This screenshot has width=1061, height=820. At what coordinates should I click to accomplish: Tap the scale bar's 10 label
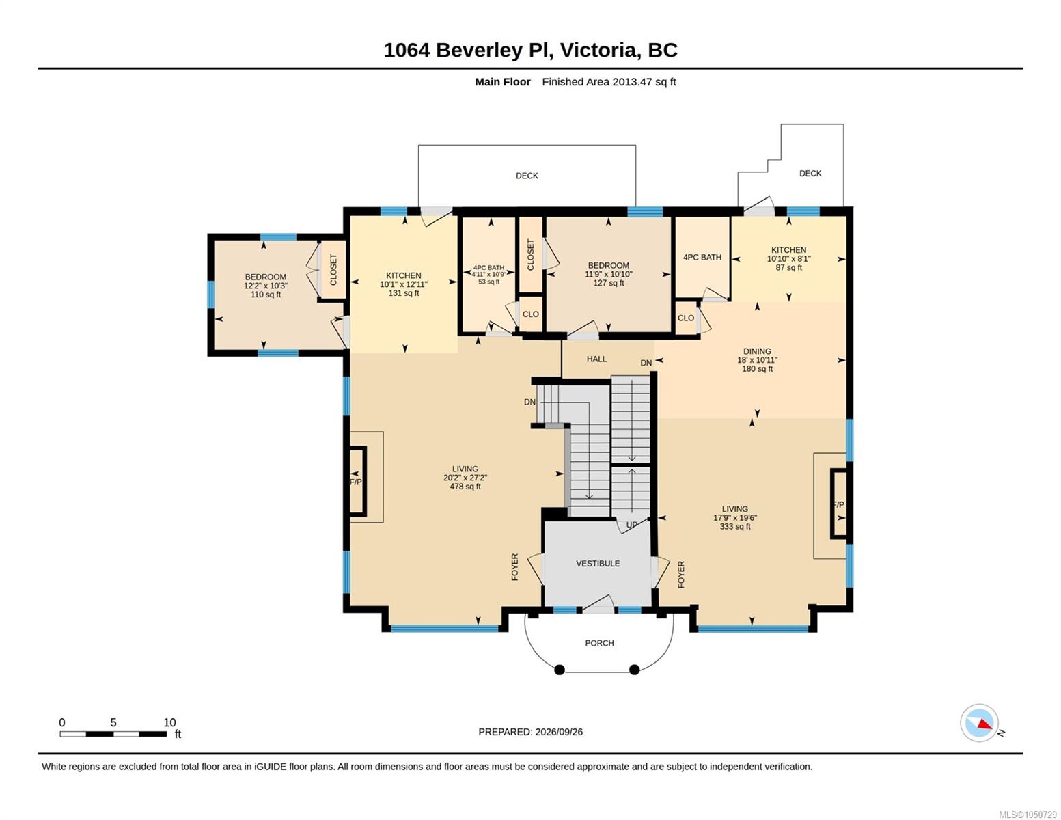(169, 722)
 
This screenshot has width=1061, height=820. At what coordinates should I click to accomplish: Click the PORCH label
(599, 643)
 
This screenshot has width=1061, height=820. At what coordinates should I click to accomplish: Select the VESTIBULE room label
(598, 564)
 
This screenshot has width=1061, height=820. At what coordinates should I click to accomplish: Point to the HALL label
(596, 359)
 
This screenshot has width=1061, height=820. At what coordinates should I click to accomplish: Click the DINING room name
(757, 351)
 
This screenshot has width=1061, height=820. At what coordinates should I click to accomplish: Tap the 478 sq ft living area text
(465, 487)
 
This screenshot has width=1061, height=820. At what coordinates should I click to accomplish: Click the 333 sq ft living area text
(735, 526)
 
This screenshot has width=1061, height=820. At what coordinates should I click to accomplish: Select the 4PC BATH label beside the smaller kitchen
(702, 258)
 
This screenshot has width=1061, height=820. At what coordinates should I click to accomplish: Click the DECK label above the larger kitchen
(527, 176)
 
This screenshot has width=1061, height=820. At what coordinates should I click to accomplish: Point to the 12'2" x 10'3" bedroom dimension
(266, 286)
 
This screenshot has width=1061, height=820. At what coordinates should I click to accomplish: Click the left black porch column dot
(560, 670)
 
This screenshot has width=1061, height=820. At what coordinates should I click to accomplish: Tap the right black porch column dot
(634, 670)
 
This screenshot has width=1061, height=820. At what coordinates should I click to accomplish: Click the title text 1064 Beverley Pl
(468, 51)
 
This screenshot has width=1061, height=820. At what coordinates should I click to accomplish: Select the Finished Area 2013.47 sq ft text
(609, 82)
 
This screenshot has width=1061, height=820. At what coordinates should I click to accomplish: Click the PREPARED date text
(530, 732)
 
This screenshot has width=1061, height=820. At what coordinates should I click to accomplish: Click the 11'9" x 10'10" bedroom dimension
(608, 275)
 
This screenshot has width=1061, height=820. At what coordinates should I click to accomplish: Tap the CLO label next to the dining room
(685, 318)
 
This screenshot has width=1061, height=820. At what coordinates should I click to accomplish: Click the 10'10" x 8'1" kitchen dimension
(788, 259)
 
